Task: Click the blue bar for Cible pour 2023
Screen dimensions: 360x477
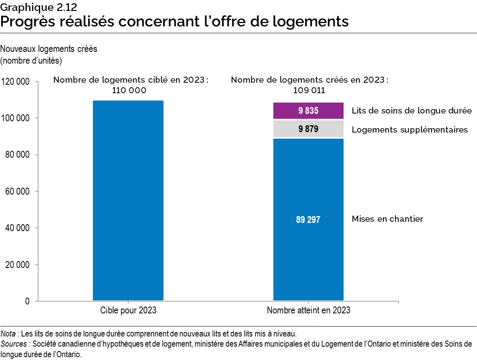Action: pos(128,200)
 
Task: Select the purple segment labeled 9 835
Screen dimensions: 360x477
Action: pos(308,110)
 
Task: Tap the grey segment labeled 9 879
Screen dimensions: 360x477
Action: pos(308,129)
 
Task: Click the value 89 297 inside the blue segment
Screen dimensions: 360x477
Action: pos(308,220)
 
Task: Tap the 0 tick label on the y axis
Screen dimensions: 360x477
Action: pos(28,301)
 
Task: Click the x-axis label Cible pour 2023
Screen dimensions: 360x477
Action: pos(128,311)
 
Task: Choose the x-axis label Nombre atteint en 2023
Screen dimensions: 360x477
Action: pos(308,311)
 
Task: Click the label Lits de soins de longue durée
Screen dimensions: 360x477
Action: pos(411,110)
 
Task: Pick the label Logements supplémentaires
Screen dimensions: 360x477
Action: pos(410,130)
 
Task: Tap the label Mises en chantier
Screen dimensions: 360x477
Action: pos(387,219)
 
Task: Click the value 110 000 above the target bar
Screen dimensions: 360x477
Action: pos(129,90)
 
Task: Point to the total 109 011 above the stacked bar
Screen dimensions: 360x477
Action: pos(309,90)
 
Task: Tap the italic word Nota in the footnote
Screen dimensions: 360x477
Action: pos(9,334)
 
